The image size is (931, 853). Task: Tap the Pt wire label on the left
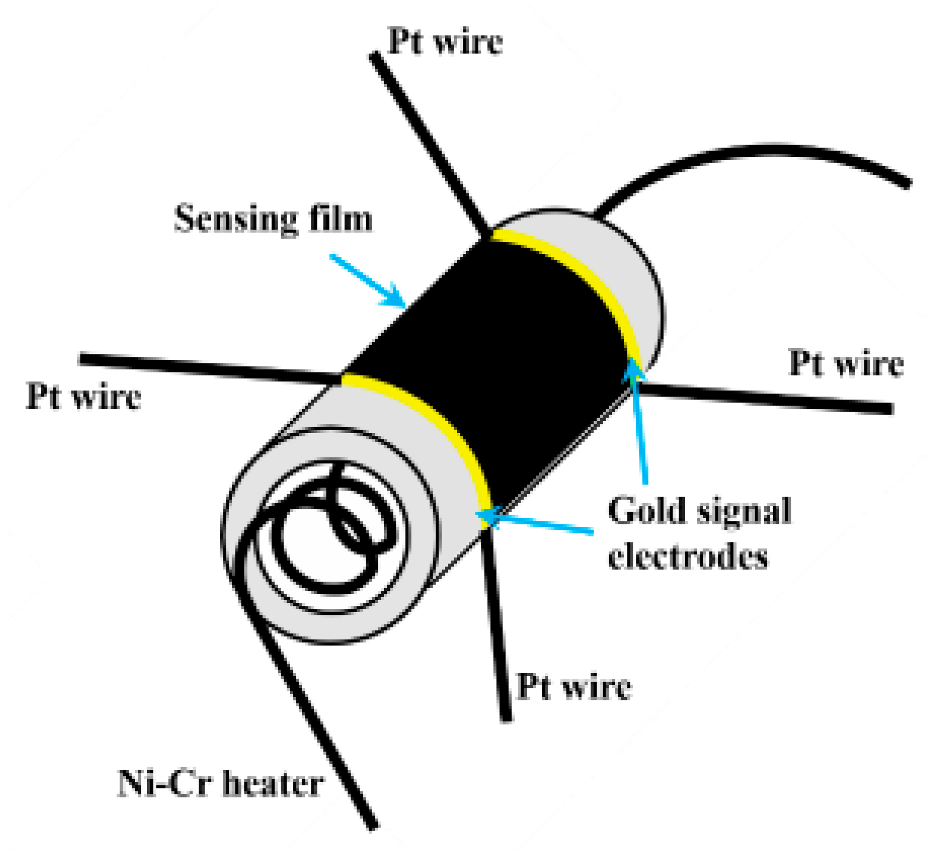point(84,397)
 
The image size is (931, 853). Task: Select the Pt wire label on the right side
point(846,363)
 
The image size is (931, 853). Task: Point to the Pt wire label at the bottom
point(574,686)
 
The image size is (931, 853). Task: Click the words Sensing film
point(273,218)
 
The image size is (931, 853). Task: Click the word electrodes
point(688,556)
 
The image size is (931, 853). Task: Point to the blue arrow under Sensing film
point(369,282)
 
